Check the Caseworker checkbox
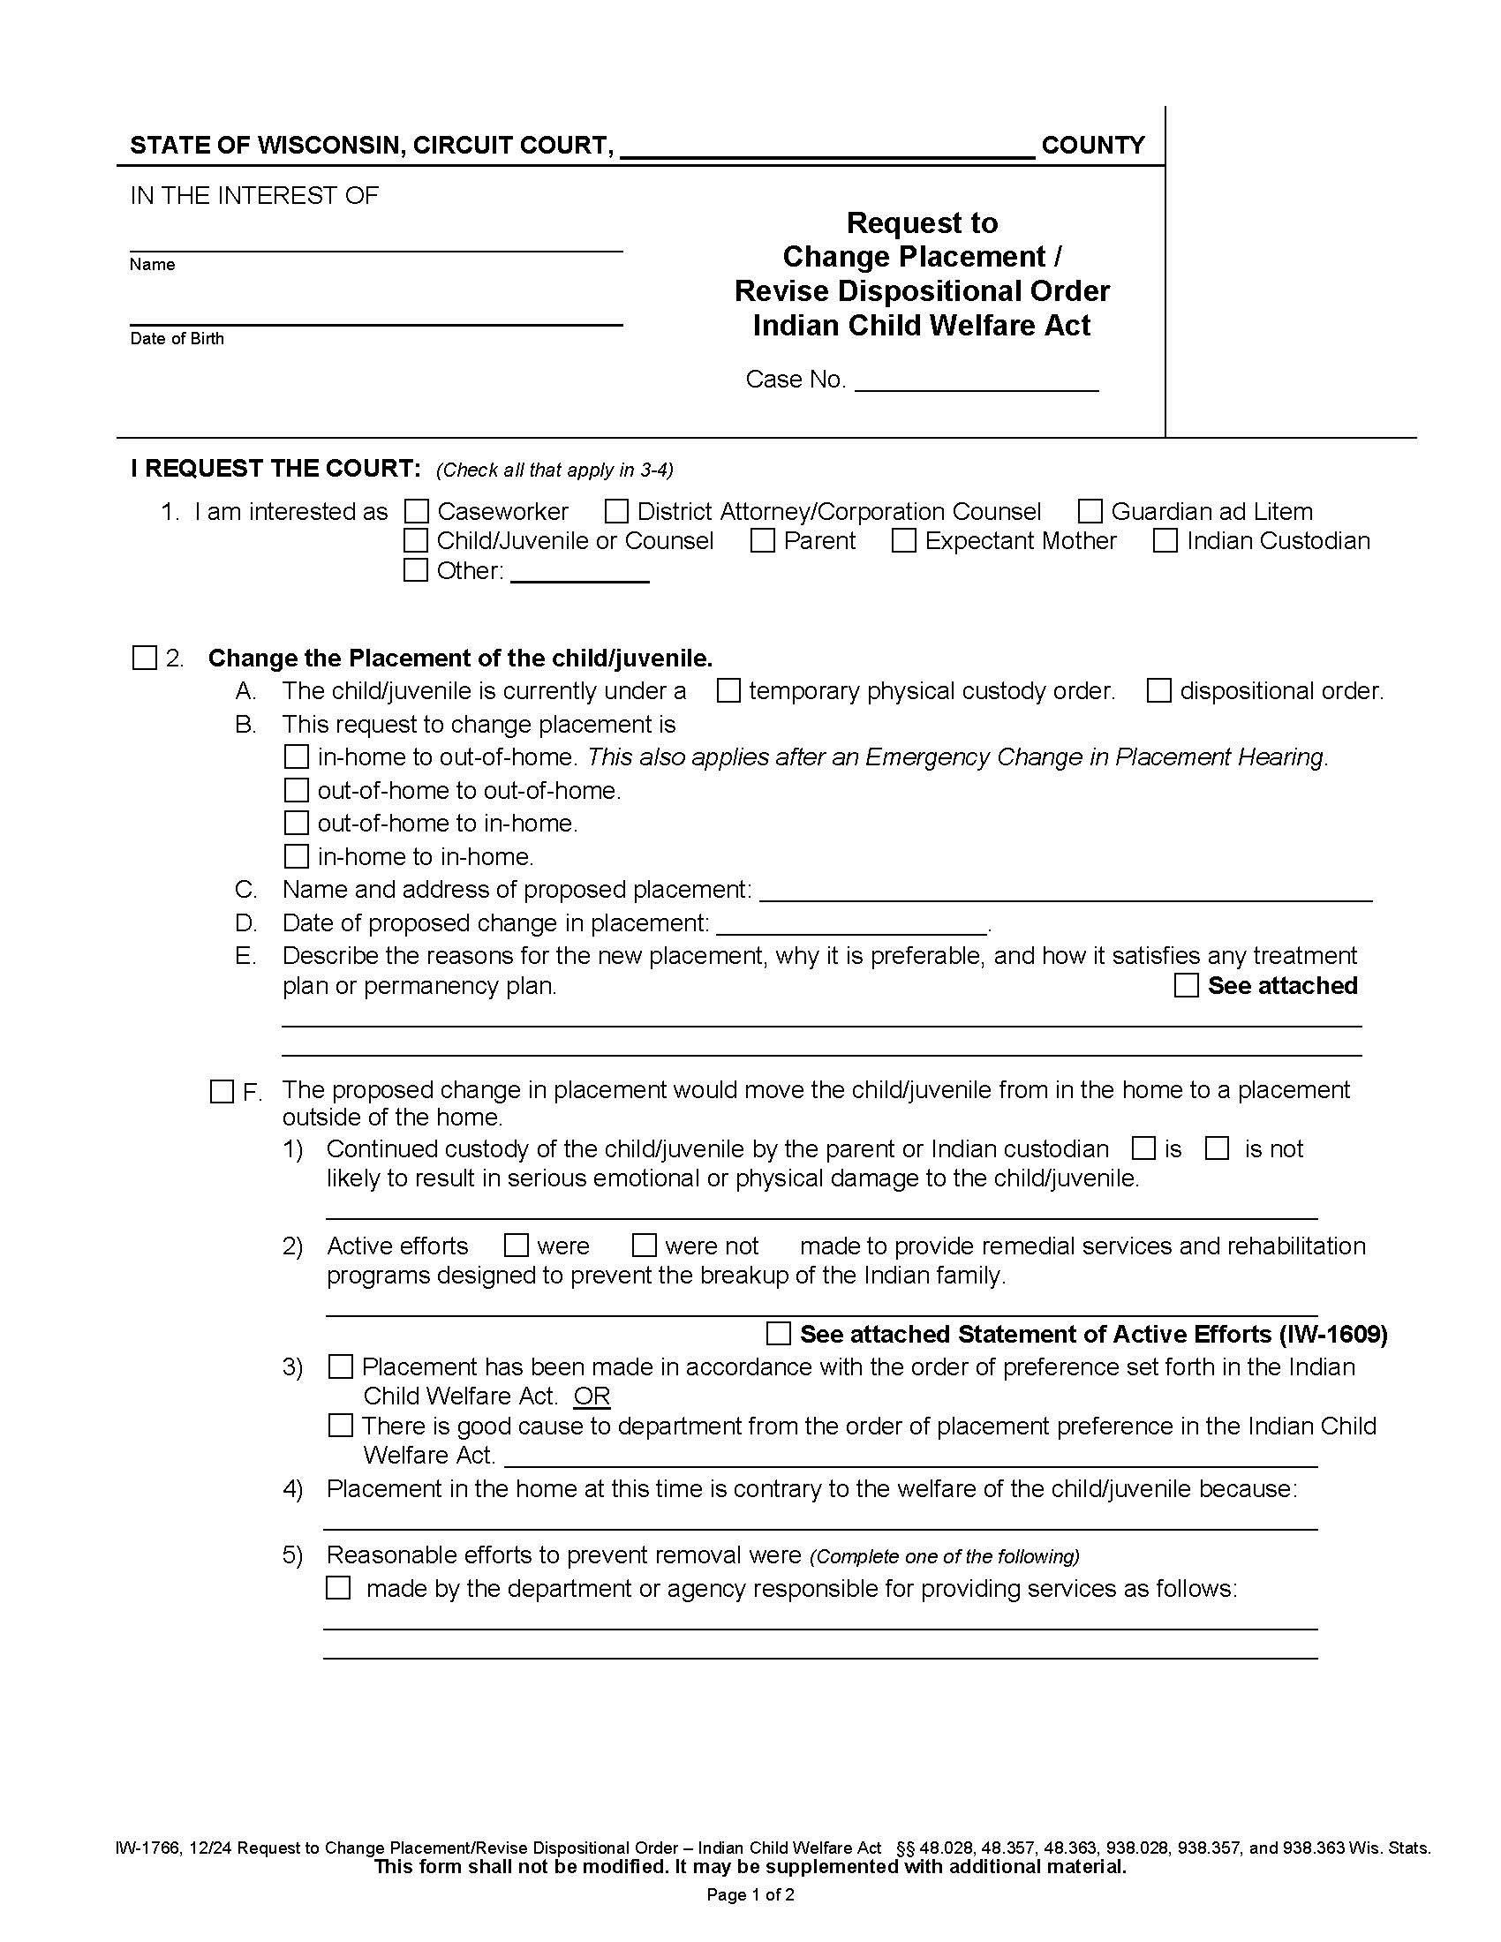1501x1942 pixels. [416, 511]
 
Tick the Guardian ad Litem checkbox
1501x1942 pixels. [1090, 511]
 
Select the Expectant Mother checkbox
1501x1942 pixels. [903, 540]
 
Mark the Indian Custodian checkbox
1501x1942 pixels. [1165, 540]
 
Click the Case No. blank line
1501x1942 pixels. [977, 382]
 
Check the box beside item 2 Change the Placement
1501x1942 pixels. [144, 658]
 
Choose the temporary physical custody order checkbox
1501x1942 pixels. [728, 691]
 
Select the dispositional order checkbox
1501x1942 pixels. [1158, 691]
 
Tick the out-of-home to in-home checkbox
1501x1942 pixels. [296, 824]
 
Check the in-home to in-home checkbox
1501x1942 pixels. [296, 856]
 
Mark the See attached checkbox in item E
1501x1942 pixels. [1186, 985]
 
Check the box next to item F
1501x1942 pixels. [222, 1091]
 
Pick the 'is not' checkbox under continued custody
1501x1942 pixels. [1217, 1148]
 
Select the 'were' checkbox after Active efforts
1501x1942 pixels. [516, 1246]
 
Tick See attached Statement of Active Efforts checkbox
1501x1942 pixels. [778, 1334]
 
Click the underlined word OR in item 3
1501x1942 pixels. [592, 1396]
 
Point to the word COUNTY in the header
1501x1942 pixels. [1092, 146]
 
